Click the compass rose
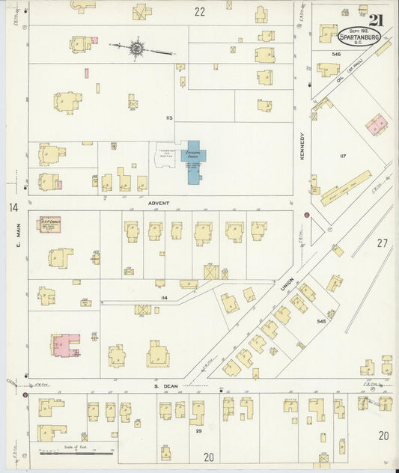(x=137, y=49)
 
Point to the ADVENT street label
(x=159, y=203)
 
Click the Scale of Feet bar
(x=76, y=452)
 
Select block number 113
(x=169, y=118)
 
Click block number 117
(x=343, y=156)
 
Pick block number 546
(x=337, y=55)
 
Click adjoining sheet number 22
(x=199, y=11)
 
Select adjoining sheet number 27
(x=382, y=242)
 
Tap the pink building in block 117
(x=377, y=124)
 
